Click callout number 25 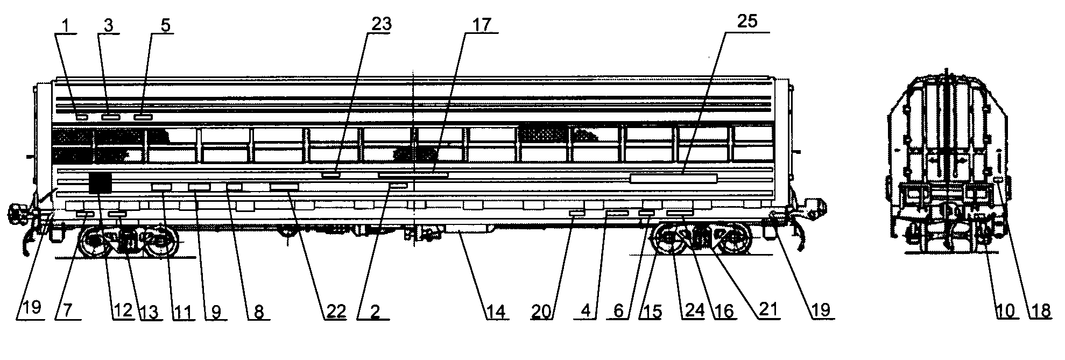[747, 23]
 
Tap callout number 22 [335, 311]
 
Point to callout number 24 [692, 311]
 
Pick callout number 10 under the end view [1005, 310]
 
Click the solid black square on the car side [101, 183]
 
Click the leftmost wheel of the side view [95, 241]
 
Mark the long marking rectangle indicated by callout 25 [673, 179]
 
